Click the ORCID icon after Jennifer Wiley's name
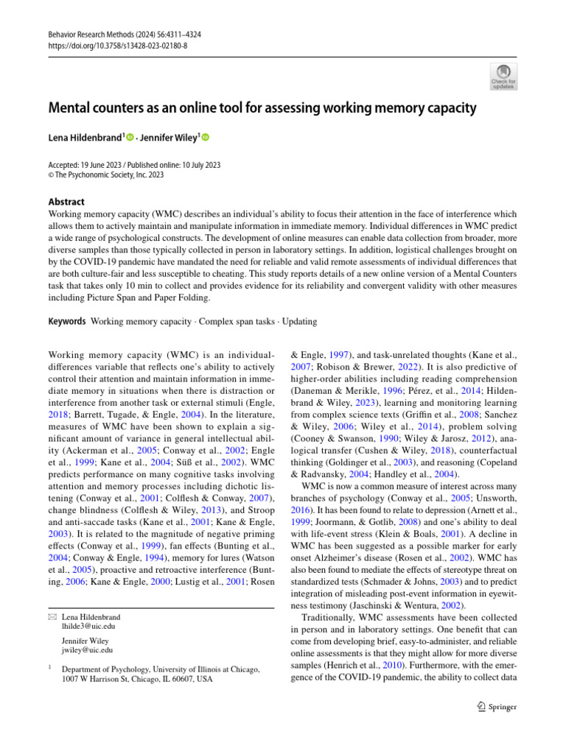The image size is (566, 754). [x=206, y=137]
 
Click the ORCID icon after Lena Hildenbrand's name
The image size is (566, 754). [x=130, y=137]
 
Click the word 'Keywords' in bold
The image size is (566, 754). [x=66, y=322]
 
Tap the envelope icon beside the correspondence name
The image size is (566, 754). [x=51, y=617]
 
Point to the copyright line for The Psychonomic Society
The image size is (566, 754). [x=105, y=175]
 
